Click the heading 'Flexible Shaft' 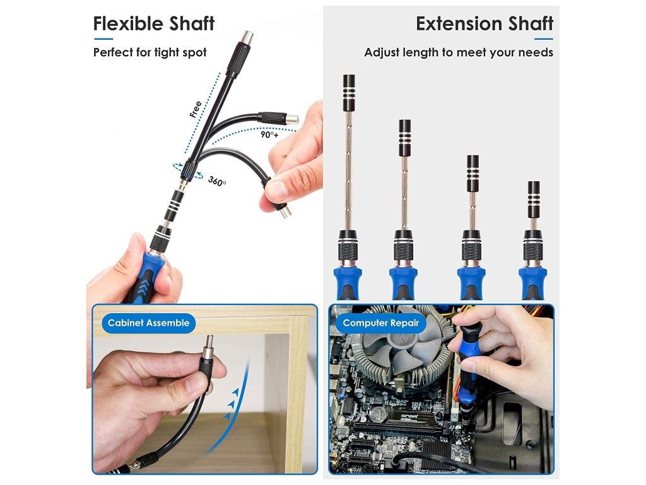point(154,23)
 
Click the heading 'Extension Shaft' point(484,23)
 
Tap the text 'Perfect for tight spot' point(150,53)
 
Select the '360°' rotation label point(217,181)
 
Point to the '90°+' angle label point(269,135)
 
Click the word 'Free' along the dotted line point(196,109)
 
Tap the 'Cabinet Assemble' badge point(149,323)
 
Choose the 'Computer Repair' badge point(380,323)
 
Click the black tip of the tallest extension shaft point(348,93)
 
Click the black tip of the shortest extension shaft point(534,200)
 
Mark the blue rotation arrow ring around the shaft point(188,171)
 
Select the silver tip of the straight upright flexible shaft point(247,37)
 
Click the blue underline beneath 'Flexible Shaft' point(103,39)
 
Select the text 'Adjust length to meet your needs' point(459,53)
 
